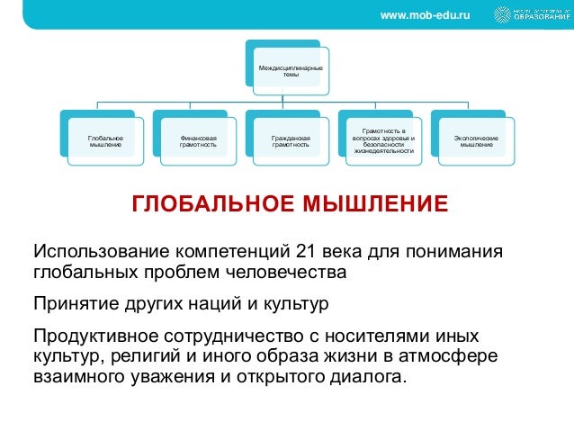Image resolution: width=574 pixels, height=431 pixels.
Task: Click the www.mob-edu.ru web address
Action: tap(426, 16)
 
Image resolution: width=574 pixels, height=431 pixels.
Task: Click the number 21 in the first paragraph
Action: tap(293, 249)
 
